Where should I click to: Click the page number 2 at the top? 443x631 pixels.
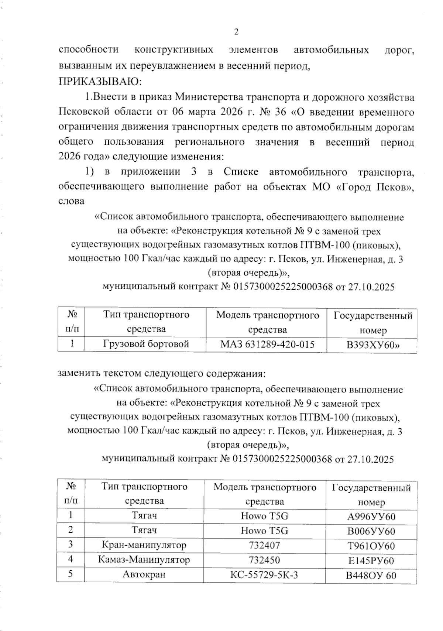point(236,32)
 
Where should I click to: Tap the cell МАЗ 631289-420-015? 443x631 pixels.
point(267,344)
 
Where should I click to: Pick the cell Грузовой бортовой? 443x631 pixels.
point(146,344)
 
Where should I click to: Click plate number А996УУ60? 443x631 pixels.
point(371,517)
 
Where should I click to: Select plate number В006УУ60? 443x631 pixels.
point(371,531)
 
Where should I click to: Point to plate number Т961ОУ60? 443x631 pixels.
point(371,546)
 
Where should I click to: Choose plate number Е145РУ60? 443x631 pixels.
point(371,561)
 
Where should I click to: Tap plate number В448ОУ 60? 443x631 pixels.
point(371,576)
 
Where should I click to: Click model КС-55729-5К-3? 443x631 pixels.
point(264,575)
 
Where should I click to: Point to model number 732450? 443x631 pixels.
point(264,560)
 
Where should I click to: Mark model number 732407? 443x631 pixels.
point(264,545)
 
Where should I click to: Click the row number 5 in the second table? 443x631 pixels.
point(70,574)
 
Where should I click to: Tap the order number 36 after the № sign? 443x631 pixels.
point(281,113)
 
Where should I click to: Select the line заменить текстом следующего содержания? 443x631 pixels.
point(162,373)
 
